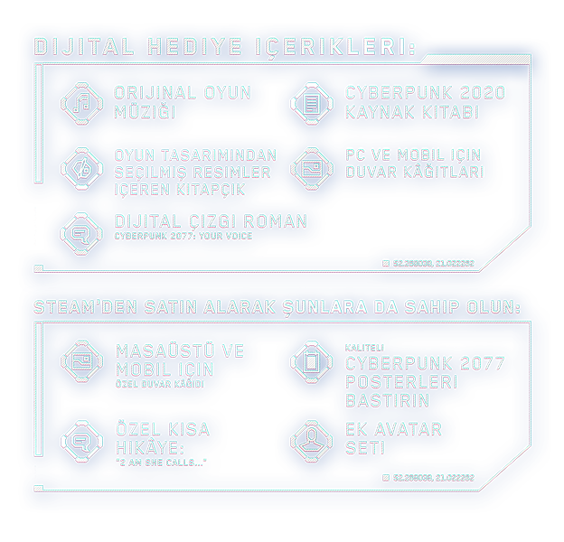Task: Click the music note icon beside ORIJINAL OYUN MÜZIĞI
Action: (x=82, y=103)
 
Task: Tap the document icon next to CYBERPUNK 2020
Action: (x=312, y=103)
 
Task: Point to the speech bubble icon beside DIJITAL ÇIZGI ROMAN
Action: (x=82, y=232)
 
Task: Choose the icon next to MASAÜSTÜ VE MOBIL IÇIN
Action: (x=82, y=361)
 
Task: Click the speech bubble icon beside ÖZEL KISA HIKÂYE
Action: (x=82, y=440)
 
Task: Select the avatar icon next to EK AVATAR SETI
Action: (x=312, y=439)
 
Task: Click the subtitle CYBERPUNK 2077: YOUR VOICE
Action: (x=183, y=237)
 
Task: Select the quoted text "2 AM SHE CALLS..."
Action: (x=161, y=463)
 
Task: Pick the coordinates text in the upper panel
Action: (x=433, y=264)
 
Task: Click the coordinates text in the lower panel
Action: (x=433, y=477)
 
